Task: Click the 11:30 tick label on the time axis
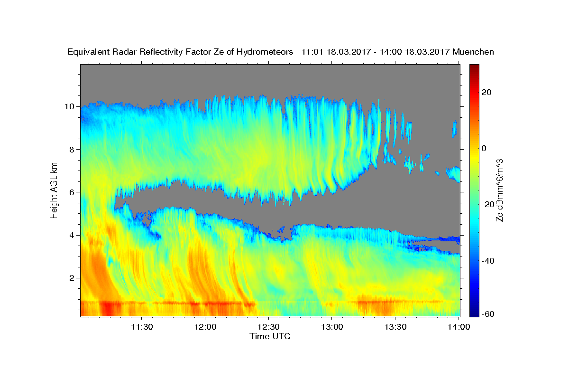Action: [142, 327]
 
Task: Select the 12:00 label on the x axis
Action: [205, 327]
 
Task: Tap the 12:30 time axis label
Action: [268, 327]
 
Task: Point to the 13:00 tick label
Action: [332, 327]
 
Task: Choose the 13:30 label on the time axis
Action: [395, 327]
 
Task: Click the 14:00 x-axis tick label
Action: [459, 327]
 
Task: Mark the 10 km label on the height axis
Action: [69, 106]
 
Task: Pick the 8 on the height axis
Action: [72, 150]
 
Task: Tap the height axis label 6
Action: [72, 192]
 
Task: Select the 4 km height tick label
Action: [72, 235]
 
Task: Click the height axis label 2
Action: [72, 278]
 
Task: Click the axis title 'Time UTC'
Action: [270, 336]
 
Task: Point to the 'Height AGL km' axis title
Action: [54, 190]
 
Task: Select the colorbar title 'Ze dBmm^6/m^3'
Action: [499, 190]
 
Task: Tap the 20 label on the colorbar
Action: [486, 92]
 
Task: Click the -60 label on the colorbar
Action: [488, 314]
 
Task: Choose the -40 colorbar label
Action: [488, 261]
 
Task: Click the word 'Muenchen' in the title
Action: [473, 52]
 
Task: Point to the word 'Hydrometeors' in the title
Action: [265, 52]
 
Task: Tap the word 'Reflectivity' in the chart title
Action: [161, 52]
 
